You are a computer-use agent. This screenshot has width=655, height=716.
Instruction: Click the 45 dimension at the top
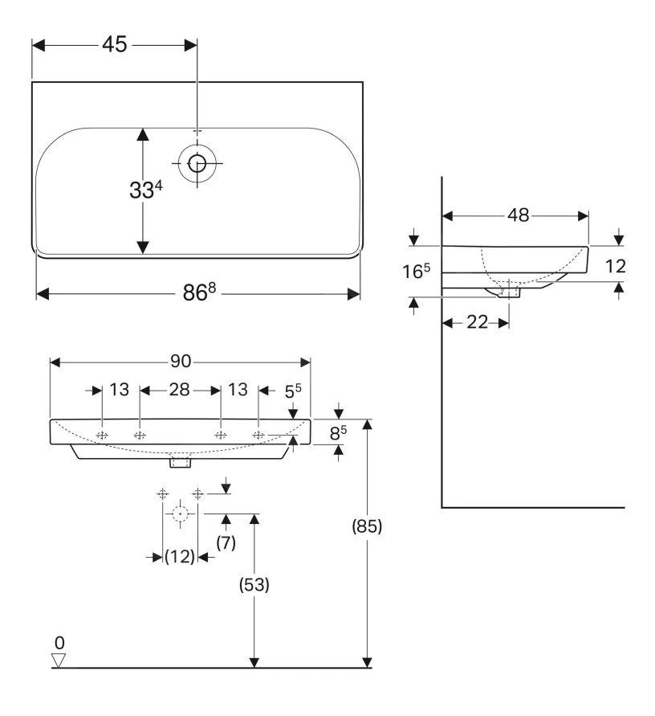(x=114, y=45)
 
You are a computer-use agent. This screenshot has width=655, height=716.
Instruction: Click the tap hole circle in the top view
(x=197, y=164)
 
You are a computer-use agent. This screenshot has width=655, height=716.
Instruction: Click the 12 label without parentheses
(x=615, y=266)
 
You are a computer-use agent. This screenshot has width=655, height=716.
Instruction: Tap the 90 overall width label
(x=181, y=362)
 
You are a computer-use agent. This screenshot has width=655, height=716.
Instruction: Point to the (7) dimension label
(x=226, y=544)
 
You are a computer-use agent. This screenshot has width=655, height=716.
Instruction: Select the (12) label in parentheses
(x=180, y=557)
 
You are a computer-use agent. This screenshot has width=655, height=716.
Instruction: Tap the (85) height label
(x=368, y=527)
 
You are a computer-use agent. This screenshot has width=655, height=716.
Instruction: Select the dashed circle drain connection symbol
(x=181, y=513)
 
